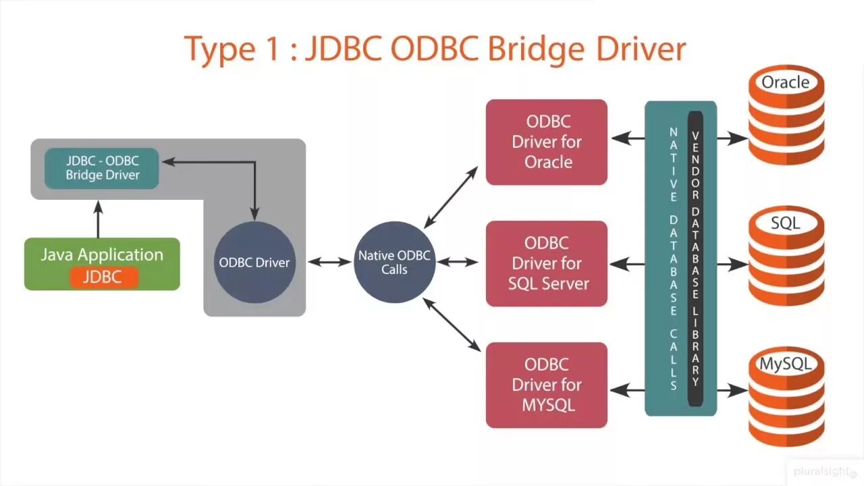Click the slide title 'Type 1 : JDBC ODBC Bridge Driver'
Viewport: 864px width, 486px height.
pyautogui.click(x=435, y=49)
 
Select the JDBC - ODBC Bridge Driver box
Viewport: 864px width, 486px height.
pyautogui.click(x=102, y=168)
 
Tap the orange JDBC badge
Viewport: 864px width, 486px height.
pyautogui.click(x=104, y=277)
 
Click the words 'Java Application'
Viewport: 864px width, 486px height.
pyautogui.click(x=102, y=255)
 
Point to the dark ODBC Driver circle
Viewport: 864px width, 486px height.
pyautogui.click(x=254, y=262)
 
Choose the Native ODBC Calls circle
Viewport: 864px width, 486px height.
pyautogui.click(x=394, y=262)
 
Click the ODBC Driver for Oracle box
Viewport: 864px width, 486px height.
pyautogui.click(x=547, y=142)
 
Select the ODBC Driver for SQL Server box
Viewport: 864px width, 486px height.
pyautogui.click(x=547, y=263)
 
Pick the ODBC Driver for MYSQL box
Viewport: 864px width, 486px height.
pyautogui.click(x=547, y=385)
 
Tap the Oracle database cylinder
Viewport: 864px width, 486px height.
pyautogui.click(x=786, y=117)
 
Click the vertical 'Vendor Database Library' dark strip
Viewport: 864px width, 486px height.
pyautogui.click(x=695, y=260)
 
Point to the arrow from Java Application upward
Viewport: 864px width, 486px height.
pyautogui.click(x=99, y=219)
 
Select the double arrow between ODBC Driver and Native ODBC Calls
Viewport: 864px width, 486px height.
pyautogui.click(x=330, y=262)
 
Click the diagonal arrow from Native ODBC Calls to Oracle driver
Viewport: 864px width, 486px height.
pyautogui.click(x=451, y=197)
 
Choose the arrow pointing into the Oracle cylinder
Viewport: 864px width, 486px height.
pyautogui.click(x=732, y=138)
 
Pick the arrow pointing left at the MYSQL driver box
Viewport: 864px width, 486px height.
pyautogui.click(x=628, y=389)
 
